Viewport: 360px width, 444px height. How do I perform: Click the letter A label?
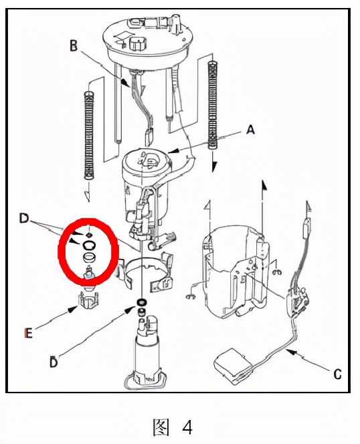pyautogui.click(x=250, y=130)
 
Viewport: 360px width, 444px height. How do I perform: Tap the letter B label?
pyautogui.click(x=74, y=45)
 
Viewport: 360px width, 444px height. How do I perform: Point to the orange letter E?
pyautogui.click(x=28, y=333)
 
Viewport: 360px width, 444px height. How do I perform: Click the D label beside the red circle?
pyautogui.click(x=24, y=218)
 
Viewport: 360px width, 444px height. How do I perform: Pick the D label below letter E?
pyautogui.click(x=54, y=362)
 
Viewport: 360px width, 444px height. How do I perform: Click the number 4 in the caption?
pyautogui.click(x=187, y=427)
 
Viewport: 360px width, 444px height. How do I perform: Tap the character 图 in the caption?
pyautogui.click(x=161, y=427)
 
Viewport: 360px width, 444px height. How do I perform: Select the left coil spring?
pyautogui.click(x=89, y=135)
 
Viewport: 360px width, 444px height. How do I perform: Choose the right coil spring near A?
pyautogui.click(x=213, y=104)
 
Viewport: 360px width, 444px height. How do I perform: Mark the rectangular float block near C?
pyautogui.click(x=232, y=366)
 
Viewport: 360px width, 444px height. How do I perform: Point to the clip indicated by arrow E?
pyautogui.click(x=89, y=302)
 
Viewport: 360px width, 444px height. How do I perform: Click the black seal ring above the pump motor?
pyautogui.click(x=142, y=302)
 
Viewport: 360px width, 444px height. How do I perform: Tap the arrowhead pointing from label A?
pyautogui.click(x=173, y=151)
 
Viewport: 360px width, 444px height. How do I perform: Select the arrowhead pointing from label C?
pyautogui.click(x=291, y=352)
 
